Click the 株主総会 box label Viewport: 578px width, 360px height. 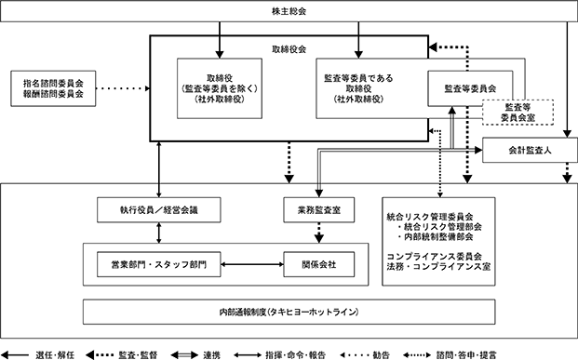point(289,11)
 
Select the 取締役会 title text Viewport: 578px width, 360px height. point(289,49)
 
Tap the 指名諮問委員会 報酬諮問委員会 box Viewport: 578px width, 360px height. point(53,88)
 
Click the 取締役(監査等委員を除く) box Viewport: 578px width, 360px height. point(220,88)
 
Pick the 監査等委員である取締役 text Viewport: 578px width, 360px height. point(358,84)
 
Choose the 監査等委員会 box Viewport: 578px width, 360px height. point(470,88)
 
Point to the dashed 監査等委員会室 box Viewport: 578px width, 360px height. point(518,113)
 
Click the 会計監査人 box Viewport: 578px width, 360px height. point(530,150)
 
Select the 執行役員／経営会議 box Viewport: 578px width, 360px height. point(159,210)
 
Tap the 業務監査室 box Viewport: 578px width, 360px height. point(319,210)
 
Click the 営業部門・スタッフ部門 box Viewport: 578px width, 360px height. point(159,264)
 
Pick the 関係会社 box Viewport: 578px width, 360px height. point(319,264)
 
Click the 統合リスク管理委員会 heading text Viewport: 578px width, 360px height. point(430,217)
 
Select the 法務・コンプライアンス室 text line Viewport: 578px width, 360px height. point(438,266)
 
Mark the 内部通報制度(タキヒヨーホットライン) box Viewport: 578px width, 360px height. point(289,313)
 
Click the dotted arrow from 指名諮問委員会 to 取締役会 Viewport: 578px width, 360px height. point(123,88)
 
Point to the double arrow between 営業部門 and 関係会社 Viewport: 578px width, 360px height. point(252,264)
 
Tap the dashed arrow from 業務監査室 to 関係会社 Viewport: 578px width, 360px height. point(319,233)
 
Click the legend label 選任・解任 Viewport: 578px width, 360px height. point(55,355)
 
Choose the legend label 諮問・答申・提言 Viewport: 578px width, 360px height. point(466,355)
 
